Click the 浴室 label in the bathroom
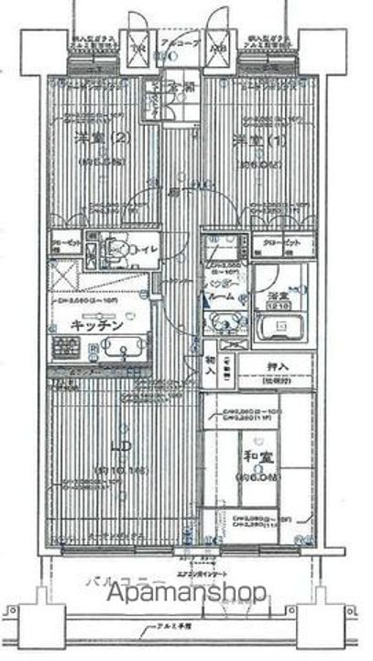pyautogui.click(x=274, y=295)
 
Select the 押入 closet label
pyautogui.click(x=278, y=366)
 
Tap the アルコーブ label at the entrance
pyautogui.click(x=175, y=43)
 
